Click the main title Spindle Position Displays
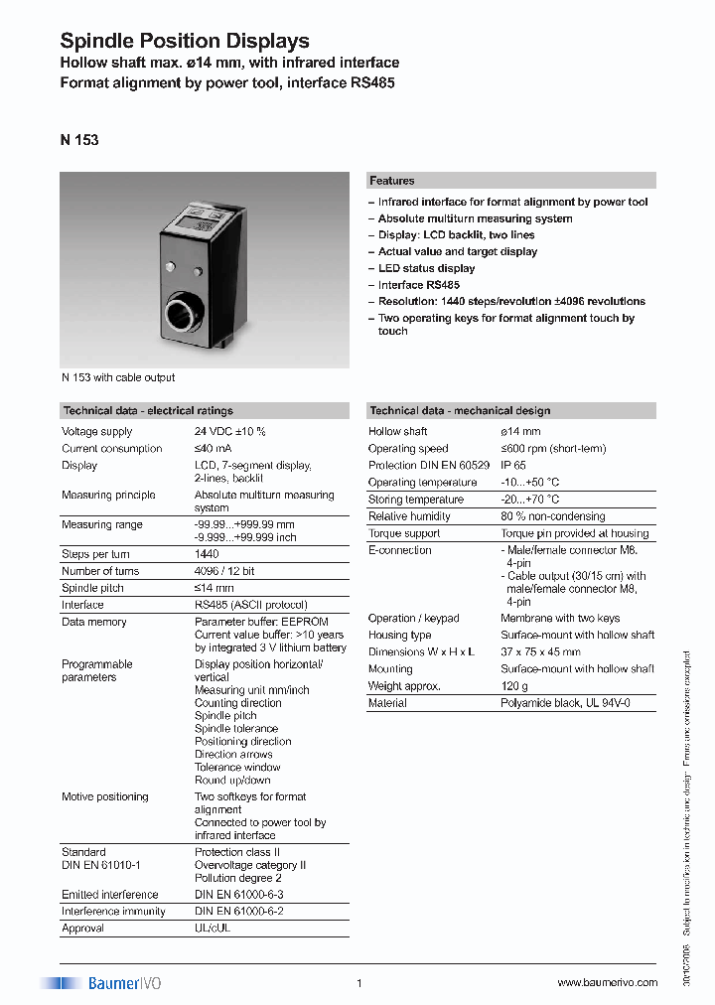tap(185, 41)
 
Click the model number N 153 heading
tap(79, 140)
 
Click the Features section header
tap(392, 181)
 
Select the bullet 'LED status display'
tap(426, 268)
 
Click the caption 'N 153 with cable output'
tap(118, 377)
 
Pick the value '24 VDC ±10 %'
tap(230, 432)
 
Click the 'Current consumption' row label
tap(111, 449)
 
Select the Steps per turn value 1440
tap(207, 554)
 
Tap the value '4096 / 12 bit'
tap(223, 571)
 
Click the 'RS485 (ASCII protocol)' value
tap(250, 605)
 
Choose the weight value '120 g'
tap(514, 686)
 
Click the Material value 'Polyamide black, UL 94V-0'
tap(564, 703)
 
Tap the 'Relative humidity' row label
tap(409, 516)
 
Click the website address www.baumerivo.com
tap(607, 983)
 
